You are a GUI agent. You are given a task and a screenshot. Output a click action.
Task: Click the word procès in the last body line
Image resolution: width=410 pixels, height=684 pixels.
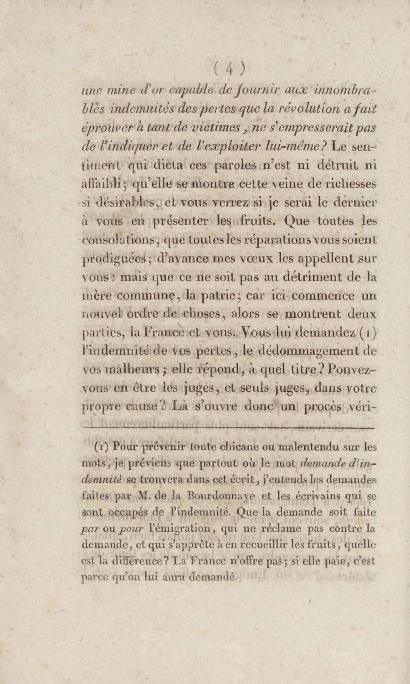coord(322,407)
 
